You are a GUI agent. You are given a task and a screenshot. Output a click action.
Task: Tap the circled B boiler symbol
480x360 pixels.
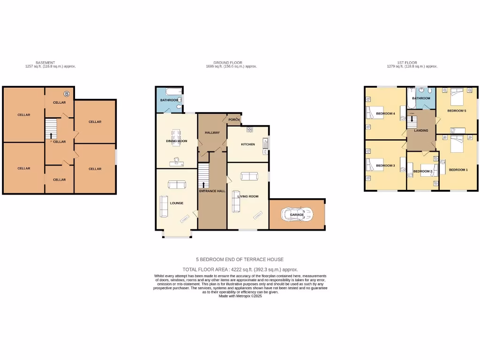(x=67, y=94)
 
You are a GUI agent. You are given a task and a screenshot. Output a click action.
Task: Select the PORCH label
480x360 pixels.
(x=234, y=120)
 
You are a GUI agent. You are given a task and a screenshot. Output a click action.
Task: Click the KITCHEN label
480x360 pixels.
(x=248, y=144)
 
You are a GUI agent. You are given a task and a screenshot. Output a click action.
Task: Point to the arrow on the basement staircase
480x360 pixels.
(x=51, y=135)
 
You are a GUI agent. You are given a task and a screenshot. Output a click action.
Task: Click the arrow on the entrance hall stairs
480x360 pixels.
(x=203, y=184)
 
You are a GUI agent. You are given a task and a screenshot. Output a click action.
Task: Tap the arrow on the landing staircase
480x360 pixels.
(x=412, y=119)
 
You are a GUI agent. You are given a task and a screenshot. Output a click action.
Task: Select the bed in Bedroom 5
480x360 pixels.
(x=457, y=98)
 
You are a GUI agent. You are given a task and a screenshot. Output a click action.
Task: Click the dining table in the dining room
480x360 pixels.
(x=177, y=137)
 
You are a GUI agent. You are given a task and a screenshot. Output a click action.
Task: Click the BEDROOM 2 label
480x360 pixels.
(x=422, y=172)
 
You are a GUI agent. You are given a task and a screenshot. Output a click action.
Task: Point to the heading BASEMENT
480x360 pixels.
(x=45, y=62)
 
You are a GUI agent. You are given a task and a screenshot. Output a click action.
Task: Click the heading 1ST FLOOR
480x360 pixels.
(x=407, y=62)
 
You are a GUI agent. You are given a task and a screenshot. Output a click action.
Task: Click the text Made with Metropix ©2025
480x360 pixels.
(x=240, y=296)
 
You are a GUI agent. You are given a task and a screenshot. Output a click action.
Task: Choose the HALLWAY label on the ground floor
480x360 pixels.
(x=212, y=133)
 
